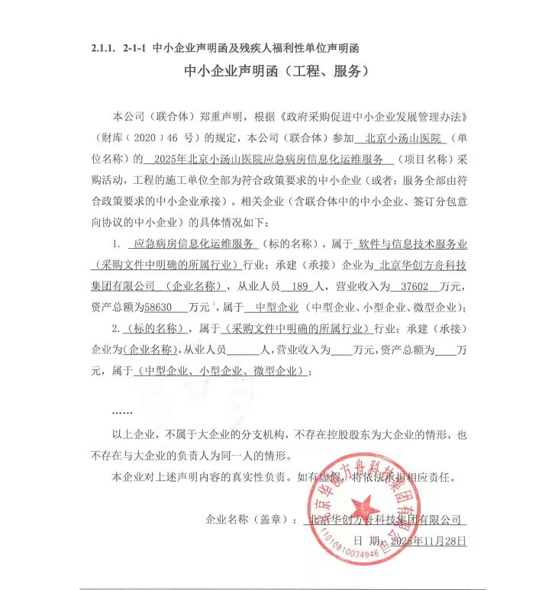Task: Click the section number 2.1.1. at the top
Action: tap(102, 48)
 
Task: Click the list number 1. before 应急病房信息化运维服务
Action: tap(115, 244)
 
